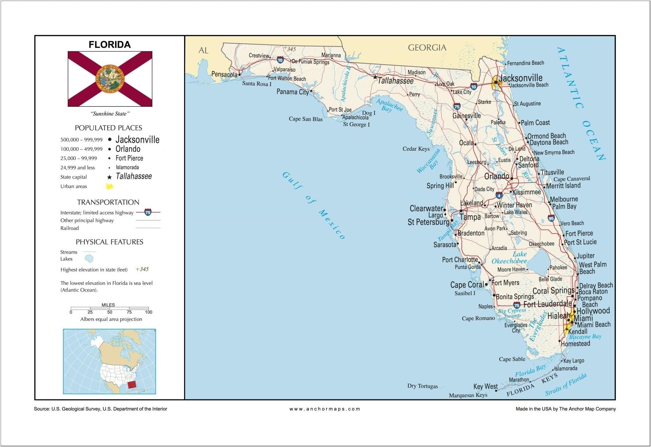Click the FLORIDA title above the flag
(x=109, y=45)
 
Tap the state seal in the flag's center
(x=110, y=79)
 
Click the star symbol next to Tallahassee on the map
(x=375, y=77)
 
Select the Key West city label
(x=485, y=386)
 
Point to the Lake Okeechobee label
(x=509, y=258)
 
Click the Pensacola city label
(x=224, y=75)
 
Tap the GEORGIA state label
(x=427, y=48)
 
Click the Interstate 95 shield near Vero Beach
(x=551, y=218)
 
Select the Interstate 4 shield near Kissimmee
(x=499, y=195)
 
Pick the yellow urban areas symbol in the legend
(x=109, y=186)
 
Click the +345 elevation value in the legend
(x=142, y=269)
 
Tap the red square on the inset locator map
(x=132, y=385)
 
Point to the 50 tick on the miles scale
(x=110, y=312)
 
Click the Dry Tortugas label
(x=422, y=386)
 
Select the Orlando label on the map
(x=496, y=176)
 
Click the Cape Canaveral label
(x=571, y=179)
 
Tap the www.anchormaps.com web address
(x=325, y=409)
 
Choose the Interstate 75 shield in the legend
(x=148, y=212)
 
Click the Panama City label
(x=293, y=92)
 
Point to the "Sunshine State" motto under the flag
(x=110, y=114)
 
